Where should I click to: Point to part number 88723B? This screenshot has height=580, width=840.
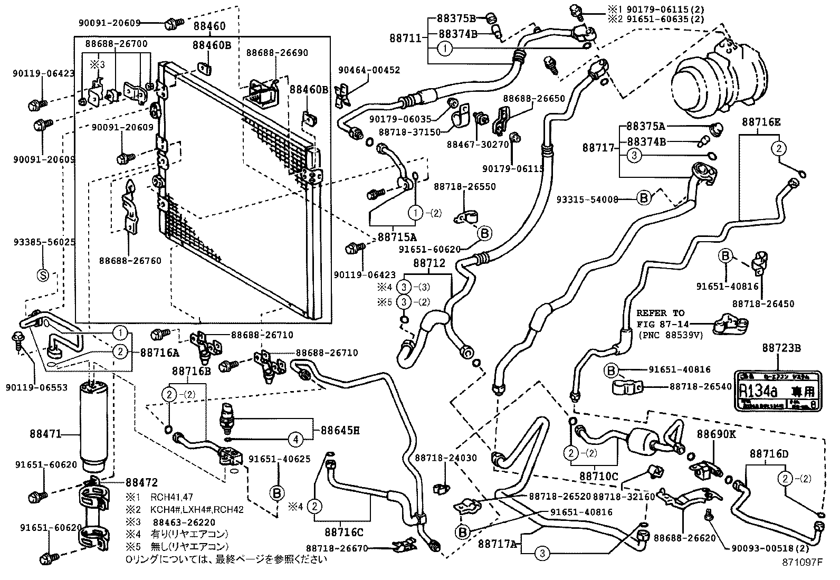(x=781, y=348)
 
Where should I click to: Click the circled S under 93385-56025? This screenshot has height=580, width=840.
(x=43, y=274)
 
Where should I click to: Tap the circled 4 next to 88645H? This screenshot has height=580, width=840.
(x=296, y=439)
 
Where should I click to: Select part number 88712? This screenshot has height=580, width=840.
(x=429, y=263)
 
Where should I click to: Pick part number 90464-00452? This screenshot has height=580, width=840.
(x=369, y=70)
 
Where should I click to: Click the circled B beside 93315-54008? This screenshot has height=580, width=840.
(x=644, y=199)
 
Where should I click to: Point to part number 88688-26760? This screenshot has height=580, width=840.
(x=130, y=260)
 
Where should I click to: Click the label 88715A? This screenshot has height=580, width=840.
(x=397, y=237)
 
